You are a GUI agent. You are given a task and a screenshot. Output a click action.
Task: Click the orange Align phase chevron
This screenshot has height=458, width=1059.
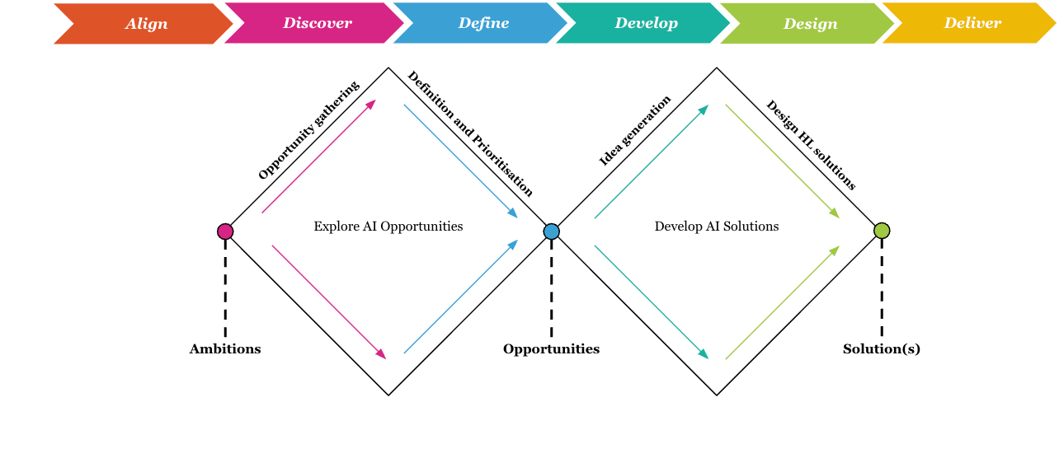[144, 24]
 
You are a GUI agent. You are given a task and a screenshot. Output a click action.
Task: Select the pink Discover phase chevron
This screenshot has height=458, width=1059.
[316, 23]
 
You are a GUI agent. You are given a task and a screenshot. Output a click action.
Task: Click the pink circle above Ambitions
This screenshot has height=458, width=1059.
[225, 231]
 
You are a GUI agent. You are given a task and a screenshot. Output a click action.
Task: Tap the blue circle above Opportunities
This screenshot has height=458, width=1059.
[552, 231]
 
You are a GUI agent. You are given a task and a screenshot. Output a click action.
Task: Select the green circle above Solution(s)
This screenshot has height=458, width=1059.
[882, 231]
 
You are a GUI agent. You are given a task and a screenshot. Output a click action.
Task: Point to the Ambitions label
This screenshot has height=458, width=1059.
[225, 349]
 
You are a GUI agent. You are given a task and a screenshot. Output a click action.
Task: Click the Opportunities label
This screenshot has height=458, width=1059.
[551, 349]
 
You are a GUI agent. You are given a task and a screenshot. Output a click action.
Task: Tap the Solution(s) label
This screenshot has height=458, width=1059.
[881, 349]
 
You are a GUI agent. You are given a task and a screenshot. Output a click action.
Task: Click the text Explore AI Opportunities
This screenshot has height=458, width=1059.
[388, 227]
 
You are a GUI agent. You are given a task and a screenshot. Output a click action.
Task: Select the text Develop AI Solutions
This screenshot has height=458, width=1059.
[716, 227]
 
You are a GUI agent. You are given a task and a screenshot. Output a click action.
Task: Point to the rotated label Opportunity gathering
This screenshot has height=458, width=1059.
[308, 130]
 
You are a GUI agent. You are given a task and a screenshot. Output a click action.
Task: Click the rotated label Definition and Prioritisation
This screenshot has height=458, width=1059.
[470, 133]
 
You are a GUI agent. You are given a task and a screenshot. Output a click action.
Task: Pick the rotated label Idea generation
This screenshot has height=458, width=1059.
[635, 131]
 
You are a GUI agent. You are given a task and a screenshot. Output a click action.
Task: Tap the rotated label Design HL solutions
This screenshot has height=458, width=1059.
[811, 145]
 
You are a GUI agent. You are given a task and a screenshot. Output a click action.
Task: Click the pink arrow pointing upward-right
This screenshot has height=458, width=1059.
[318, 157]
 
